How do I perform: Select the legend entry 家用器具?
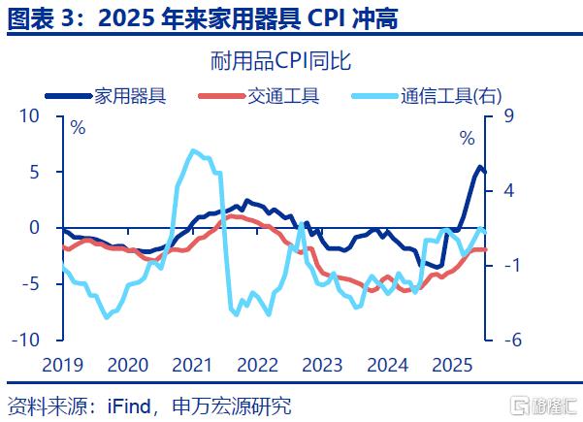[x=129, y=95]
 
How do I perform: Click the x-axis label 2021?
[x=191, y=366]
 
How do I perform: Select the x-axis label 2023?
[x=321, y=366]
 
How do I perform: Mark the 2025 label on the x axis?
[x=451, y=366]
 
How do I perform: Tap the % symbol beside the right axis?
[x=468, y=139]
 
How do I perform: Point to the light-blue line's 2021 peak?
[x=193, y=150]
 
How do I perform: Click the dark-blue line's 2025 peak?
[x=479, y=167]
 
